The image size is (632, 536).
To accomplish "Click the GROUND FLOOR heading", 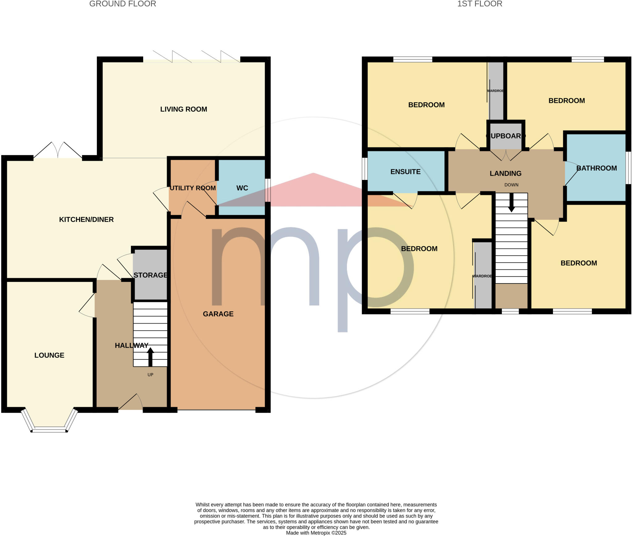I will click(x=123, y=4).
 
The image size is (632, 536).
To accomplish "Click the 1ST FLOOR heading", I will click(x=480, y=4).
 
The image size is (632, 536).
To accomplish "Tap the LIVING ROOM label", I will click(x=184, y=109).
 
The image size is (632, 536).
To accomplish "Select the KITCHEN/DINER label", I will click(x=86, y=219).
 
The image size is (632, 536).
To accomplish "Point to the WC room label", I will click(x=242, y=188).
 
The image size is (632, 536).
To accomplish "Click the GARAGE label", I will click(x=218, y=314).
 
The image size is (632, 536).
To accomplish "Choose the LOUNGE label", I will click(x=49, y=355).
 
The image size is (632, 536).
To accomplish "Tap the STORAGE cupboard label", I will click(x=151, y=275).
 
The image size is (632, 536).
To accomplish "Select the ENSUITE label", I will click(x=405, y=172).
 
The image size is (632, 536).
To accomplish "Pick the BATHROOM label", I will click(x=597, y=168).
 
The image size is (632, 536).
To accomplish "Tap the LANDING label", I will click(x=505, y=173).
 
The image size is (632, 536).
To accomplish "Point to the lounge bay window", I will click(x=49, y=429).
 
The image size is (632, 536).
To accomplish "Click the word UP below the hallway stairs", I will click(x=150, y=375).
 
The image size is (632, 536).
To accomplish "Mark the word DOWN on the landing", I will click(x=511, y=185).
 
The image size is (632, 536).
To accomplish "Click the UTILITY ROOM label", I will click(x=193, y=188).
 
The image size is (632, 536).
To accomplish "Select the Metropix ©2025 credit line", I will click(x=316, y=533).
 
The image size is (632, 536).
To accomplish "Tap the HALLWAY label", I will click(x=131, y=346).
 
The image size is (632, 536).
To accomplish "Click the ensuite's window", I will click(x=364, y=169).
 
